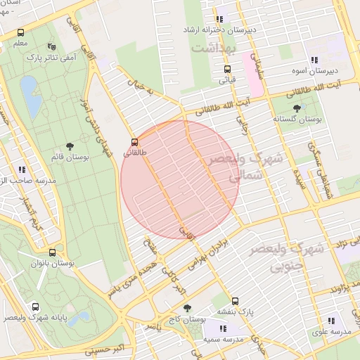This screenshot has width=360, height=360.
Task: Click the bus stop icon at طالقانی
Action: click(x=134, y=141)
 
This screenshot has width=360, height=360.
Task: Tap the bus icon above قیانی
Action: click(x=227, y=69)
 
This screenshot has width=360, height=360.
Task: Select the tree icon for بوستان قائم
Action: click(x=69, y=146)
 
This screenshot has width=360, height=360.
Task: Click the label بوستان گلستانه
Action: click(x=299, y=120)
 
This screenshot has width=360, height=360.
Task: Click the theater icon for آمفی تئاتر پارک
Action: click(x=51, y=47)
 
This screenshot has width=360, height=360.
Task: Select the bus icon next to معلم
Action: click(x=20, y=33)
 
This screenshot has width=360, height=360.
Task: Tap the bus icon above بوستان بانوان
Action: click(x=52, y=252)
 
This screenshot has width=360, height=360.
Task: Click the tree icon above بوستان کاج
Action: click(x=186, y=307)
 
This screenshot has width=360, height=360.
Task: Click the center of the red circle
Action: click(x=179, y=179)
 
